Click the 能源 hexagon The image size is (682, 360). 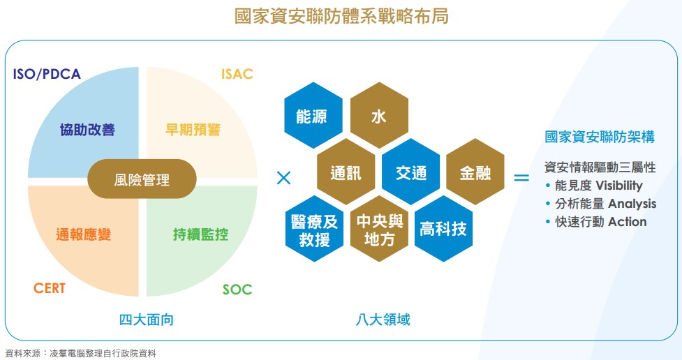pyautogui.click(x=313, y=115)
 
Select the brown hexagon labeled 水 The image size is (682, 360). pyautogui.click(x=379, y=115)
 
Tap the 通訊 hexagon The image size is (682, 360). pyautogui.click(x=346, y=172)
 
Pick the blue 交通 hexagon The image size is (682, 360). pyautogui.click(x=411, y=172)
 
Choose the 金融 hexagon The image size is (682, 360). pyautogui.click(x=475, y=172)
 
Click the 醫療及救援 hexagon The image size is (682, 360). pyautogui.click(x=314, y=229)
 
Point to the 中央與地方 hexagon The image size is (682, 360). pyautogui.click(x=379, y=229)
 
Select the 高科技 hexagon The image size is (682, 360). pyautogui.click(x=444, y=229)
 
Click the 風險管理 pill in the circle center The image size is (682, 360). pyautogui.click(x=142, y=179)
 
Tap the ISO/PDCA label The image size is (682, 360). pyautogui.click(x=47, y=74)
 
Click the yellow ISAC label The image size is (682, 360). pyautogui.click(x=237, y=74)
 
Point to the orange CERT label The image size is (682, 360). pyautogui.click(x=49, y=288)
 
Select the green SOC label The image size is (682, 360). pyautogui.click(x=237, y=289)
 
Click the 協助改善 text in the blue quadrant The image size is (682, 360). pyautogui.click(x=87, y=130)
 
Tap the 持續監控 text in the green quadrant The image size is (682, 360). pyautogui.click(x=200, y=234)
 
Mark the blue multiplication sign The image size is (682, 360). pyautogui.click(x=283, y=178)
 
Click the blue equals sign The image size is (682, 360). pyautogui.click(x=521, y=177)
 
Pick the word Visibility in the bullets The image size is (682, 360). pyautogui.click(x=619, y=186)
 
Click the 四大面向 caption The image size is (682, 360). pyautogui.click(x=146, y=320)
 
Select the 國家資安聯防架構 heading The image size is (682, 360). pyautogui.click(x=600, y=137)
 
